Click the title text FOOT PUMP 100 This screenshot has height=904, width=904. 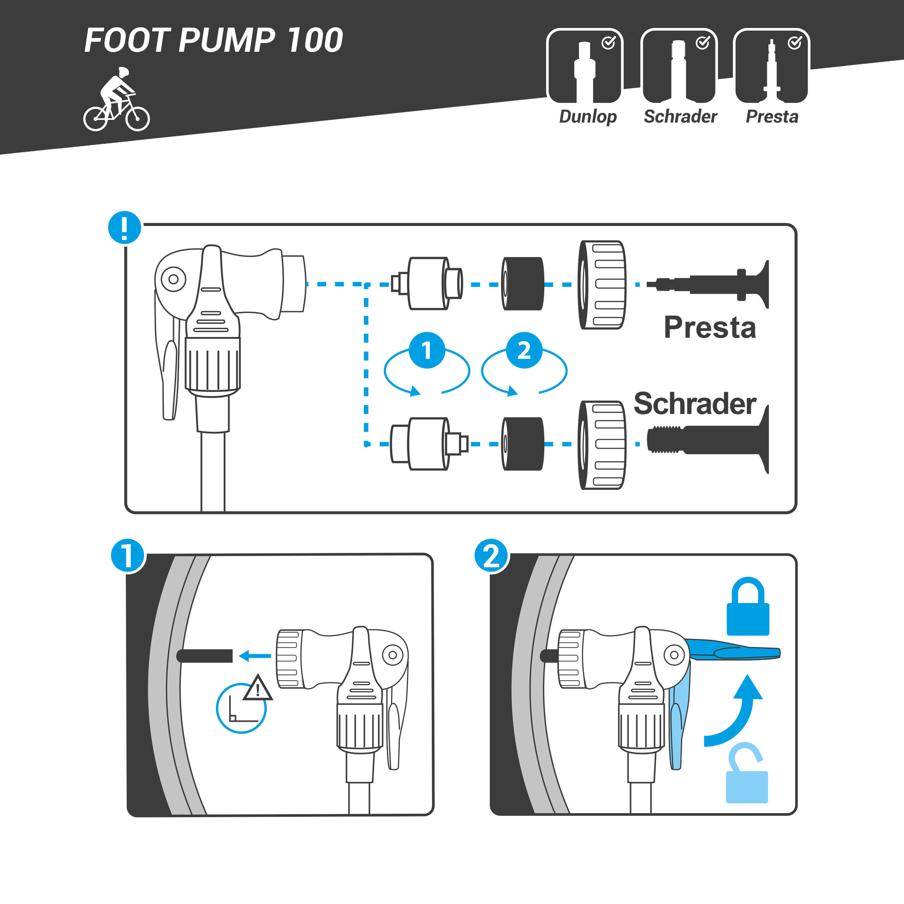213,40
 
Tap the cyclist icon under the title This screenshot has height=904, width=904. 116,100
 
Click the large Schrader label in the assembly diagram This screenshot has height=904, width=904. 694,403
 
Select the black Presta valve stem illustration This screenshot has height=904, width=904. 711,284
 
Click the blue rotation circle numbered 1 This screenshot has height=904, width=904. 427,351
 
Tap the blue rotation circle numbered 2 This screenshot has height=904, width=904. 524,351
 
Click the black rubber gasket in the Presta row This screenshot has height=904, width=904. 523,283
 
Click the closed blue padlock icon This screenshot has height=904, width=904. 748,607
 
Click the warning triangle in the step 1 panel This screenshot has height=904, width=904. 257,688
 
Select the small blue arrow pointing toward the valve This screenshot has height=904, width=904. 255,656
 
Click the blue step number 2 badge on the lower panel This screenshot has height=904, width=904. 491,556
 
